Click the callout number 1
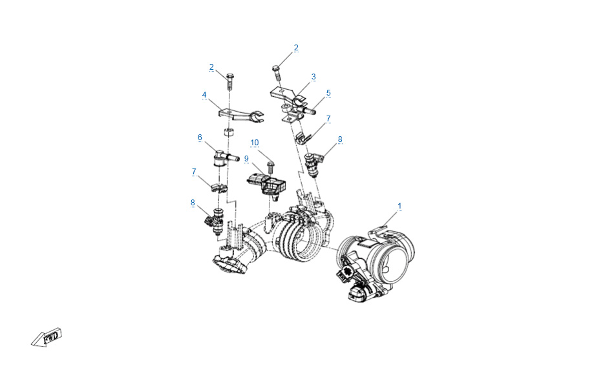(x=399, y=206)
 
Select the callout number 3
(x=313, y=77)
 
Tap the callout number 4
(x=204, y=95)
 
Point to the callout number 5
(x=328, y=93)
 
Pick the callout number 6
(x=200, y=137)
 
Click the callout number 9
(x=246, y=159)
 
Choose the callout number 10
(x=254, y=143)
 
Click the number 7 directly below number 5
(x=328, y=119)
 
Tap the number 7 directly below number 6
(x=194, y=172)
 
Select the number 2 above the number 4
(x=211, y=67)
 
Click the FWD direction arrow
(x=47, y=338)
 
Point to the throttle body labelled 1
(x=374, y=262)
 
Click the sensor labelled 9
(x=267, y=184)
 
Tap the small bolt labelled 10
(x=270, y=168)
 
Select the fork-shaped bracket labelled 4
(x=240, y=115)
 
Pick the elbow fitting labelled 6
(x=225, y=158)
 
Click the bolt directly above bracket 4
(x=229, y=81)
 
